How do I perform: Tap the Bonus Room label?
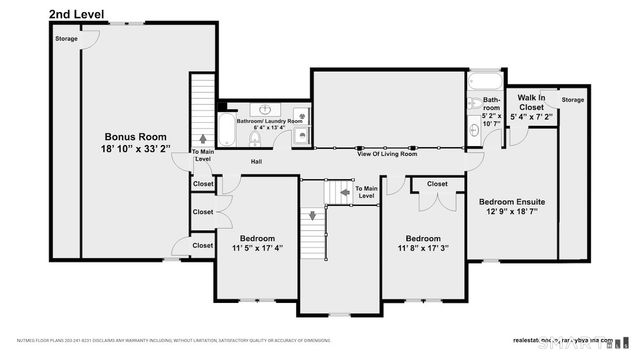pyautogui.click(x=137, y=137)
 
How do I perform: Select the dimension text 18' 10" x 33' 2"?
pyautogui.click(x=137, y=149)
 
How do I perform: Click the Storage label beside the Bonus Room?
pyautogui.click(x=66, y=38)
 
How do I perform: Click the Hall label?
pyautogui.click(x=256, y=161)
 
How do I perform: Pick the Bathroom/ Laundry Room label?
pyautogui.click(x=269, y=121)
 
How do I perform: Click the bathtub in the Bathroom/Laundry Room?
pyautogui.click(x=227, y=130)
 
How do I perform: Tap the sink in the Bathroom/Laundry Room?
pyautogui.click(x=266, y=109)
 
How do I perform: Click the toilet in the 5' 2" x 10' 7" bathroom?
pyautogui.click(x=473, y=131)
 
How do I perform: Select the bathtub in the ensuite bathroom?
pyautogui.click(x=489, y=80)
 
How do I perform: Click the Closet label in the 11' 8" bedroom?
pyautogui.click(x=437, y=184)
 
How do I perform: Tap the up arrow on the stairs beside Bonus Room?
pyautogui.click(x=204, y=139)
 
